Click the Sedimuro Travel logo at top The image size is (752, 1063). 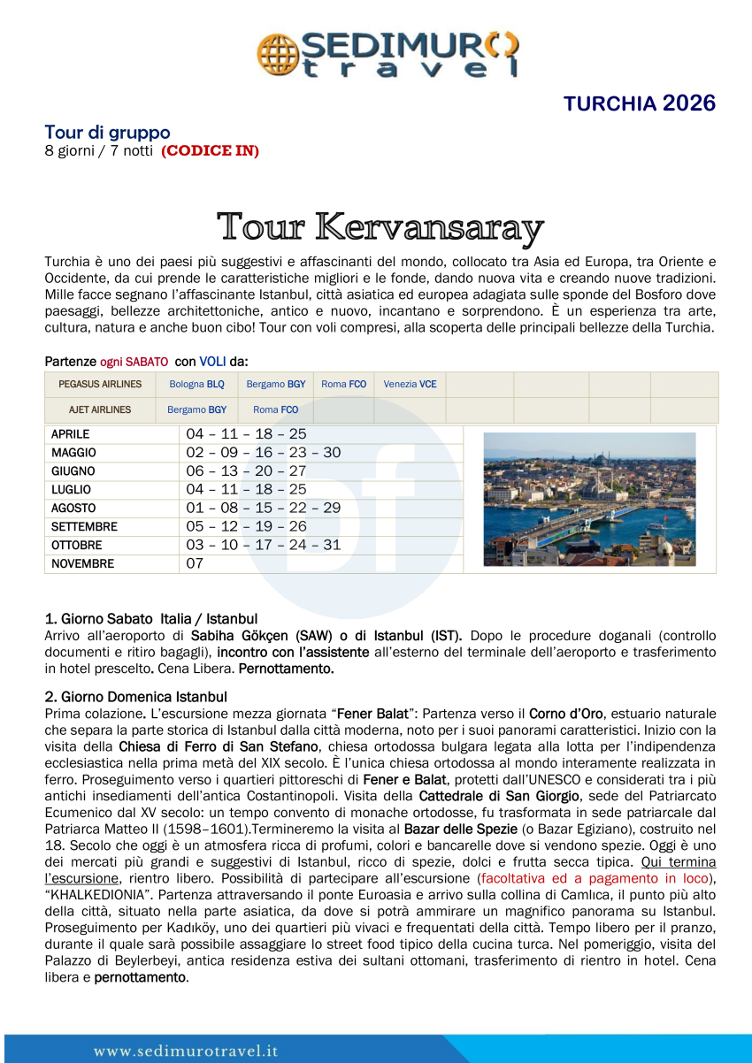pyautogui.click(x=388, y=54)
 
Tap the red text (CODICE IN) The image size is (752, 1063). pyautogui.click(x=210, y=151)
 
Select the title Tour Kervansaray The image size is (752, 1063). pyautogui.click(x=380, y=227)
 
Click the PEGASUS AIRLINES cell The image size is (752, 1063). pyautogui.click(x=100, y=385)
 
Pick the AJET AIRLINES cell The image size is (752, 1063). pyautogui.click(x=100, y=410)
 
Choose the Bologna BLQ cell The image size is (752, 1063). pyautogui.click(x=196, y=385)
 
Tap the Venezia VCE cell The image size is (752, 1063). pyautogui.click(x=410, y=385)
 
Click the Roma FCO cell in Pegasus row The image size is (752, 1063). pyautogui.click(x=343, y=385)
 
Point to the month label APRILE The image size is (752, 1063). pyautogui.click(x=71, y=434)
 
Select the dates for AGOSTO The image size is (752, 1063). pyautogui.click(x=263, y=508)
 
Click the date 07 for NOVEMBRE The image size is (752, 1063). pyautogui.click(x=195, y=563)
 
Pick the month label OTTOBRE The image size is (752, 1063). pyautogui.click(x=76, y=545)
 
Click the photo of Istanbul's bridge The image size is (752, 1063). pyautogui.click(x=589, y=499)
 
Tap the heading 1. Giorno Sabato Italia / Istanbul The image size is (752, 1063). pyautogui.click(x=151, y=618)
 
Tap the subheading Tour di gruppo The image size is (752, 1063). pyautogui.click(x=107, y=133)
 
